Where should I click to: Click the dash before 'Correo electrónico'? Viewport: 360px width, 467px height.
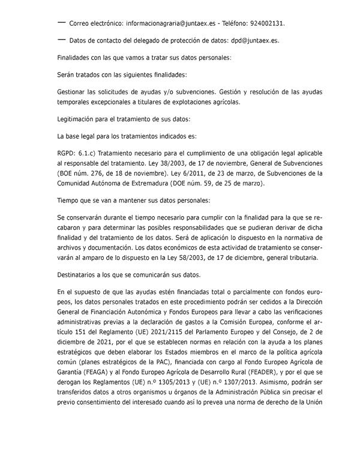61,22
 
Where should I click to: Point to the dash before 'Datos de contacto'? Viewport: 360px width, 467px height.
61,40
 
